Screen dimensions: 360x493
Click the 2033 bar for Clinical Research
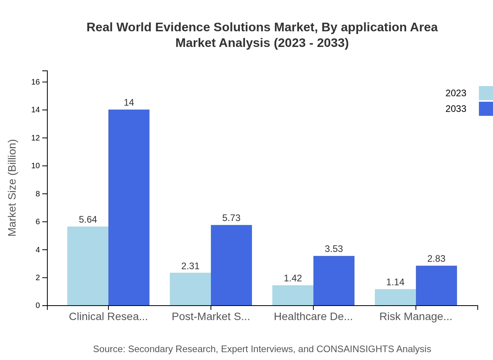point(129,207)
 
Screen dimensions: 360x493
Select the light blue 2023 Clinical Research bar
point(88,266)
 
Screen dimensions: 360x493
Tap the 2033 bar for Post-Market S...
point(231,265)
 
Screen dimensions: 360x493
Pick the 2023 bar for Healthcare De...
point(293,295)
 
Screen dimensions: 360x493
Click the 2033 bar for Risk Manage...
point(436,285)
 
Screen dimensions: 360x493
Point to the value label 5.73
point(231,218)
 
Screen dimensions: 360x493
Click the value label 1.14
point(395,282)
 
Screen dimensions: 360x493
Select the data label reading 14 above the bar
point(129,103)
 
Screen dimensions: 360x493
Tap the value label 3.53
point(334,249)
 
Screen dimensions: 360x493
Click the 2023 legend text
point(456,93)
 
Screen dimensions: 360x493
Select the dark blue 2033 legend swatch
point(486,109)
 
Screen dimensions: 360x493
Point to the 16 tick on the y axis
point(36,82)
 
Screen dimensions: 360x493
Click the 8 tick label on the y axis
point(38,194)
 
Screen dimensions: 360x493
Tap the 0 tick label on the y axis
point(38,305)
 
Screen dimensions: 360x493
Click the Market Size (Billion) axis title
point(13,188)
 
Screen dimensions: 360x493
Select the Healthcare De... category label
point(313,317)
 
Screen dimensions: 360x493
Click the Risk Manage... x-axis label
point(416,317)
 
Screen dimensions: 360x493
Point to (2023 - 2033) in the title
point(311,43)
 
